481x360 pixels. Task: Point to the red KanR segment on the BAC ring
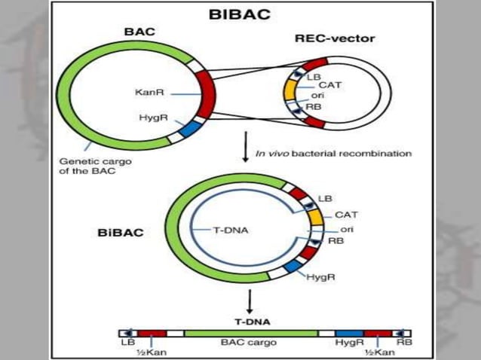click(x=205, y=93)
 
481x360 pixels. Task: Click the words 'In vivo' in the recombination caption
click(x=270, y=154)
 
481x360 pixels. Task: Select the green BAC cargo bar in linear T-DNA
click(x=250, y=332)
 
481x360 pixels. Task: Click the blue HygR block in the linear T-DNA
click(x=348, y=332)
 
